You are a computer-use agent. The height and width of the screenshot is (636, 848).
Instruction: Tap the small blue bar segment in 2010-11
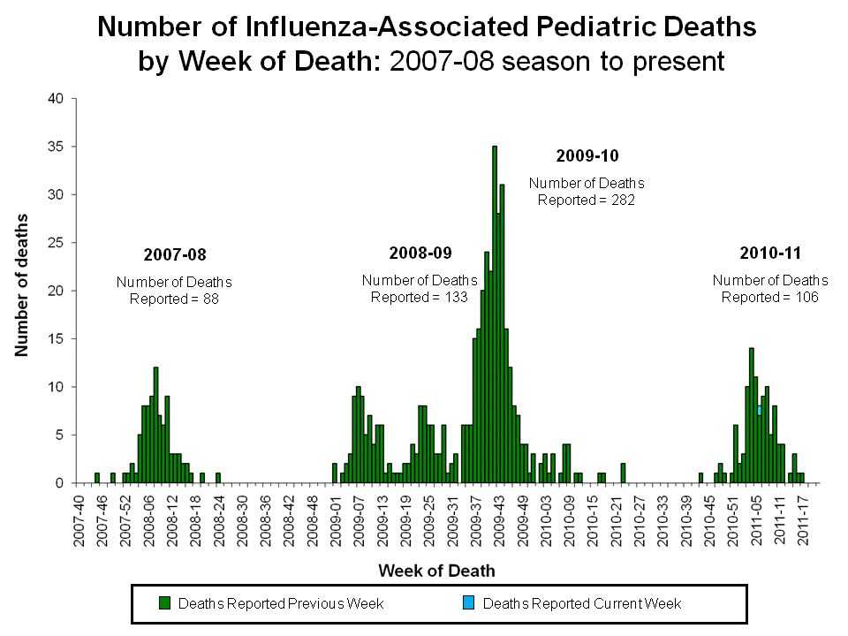pos(760,411)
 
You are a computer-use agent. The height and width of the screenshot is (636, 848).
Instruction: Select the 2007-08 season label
pos(174,255)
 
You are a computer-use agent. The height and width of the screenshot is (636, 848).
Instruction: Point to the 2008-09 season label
pos(420,254)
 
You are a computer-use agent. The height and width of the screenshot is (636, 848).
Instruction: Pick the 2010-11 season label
pos(769,254)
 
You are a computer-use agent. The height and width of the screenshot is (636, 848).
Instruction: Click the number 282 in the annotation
pos(624,200)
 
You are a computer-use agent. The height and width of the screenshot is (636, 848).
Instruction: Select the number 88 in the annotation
pos(209,299)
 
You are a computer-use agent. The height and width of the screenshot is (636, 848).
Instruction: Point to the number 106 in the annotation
pos(806,297)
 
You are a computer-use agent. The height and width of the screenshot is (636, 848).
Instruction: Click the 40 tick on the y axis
pos(57,99)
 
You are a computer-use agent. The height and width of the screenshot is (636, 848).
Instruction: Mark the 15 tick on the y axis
pos(57,339)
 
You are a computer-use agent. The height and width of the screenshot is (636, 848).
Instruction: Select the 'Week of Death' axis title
pos(436,571)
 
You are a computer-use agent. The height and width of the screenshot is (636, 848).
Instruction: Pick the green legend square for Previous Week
pos(164,603)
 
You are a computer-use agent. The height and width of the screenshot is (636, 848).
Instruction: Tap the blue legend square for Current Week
pos(469,603)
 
